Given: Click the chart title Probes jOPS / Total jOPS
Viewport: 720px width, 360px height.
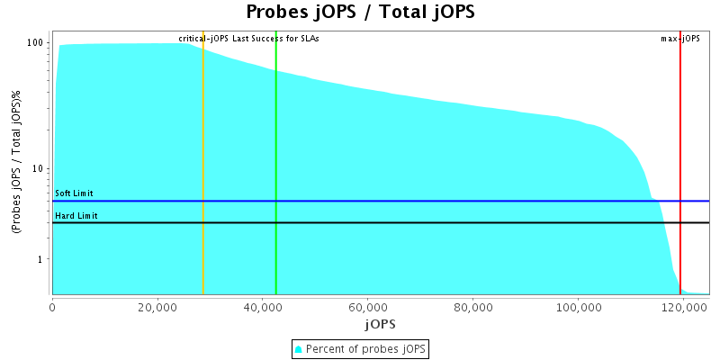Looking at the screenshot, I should pyautogui.click(x=360, y=13).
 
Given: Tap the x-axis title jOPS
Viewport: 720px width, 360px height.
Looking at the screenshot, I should pyautogui.click(x=381, y=323).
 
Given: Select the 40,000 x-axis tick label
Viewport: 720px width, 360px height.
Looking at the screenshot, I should pyautogui.click(x=263, y=307).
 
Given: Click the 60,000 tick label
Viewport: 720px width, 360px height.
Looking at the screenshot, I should pyautogui.click(x=367, y=307).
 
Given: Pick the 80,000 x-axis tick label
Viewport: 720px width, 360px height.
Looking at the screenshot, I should pyautogui.click(x=472, y=307).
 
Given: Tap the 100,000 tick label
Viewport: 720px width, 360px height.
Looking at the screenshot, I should pyautogui.click(x=577, y=307).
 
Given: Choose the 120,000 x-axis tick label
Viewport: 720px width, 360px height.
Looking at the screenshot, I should pyautogui.click(x=682, y=307).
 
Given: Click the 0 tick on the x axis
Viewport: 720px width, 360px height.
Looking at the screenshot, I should pyautogui.click(x=53, y=307).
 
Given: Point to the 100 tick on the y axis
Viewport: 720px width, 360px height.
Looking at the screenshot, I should pyautogui.click(x=37, y=42).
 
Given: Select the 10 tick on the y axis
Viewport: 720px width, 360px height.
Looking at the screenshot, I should pyautogui.click(x=40, y=168).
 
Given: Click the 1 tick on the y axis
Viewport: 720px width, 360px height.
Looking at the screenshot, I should pyautogui.click(x=42, y=259).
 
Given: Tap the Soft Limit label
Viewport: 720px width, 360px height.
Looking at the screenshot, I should pyautogui.click(x=74, y=193).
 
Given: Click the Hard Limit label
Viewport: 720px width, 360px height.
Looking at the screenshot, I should pyautogui.click(x=76, y=216).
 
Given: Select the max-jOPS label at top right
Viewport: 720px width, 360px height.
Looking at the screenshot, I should pyautogui.click(x=680, y=39).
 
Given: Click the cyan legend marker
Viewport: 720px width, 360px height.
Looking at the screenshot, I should pyautogui.click(x=299, y=348).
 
